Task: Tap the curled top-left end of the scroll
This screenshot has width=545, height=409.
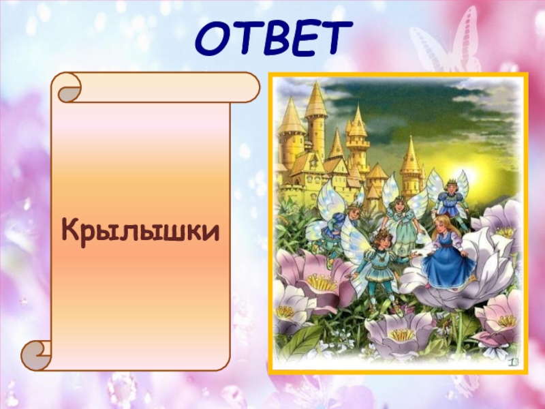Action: tap(69, 88)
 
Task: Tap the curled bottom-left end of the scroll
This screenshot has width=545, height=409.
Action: tap(35, 356)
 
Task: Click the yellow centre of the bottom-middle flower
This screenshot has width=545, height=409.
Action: tap(402, 334)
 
